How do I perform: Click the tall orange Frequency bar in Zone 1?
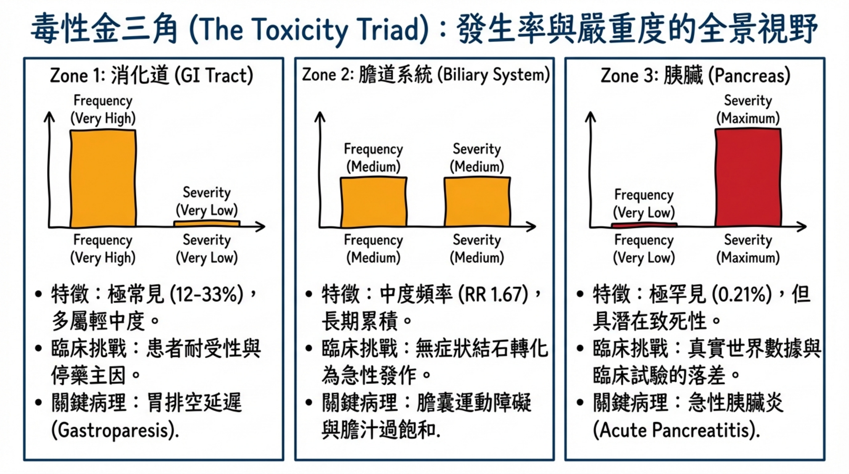pos(103,178)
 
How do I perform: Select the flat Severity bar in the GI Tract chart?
pos(207,223)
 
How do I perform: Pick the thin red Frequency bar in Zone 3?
pos(644,225)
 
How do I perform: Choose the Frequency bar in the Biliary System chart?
pos(373,202)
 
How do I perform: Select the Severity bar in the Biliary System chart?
pos(477,202)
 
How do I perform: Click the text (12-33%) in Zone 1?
pos(207,294)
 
